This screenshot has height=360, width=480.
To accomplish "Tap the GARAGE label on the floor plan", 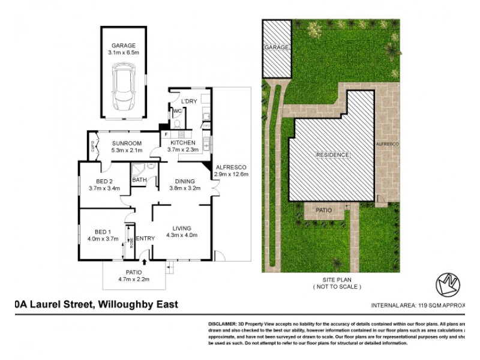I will pos(123,45).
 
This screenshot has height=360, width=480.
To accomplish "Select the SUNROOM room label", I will pos(126,143).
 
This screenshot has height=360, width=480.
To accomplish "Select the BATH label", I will pos(139,179).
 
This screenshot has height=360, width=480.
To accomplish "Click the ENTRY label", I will pos(145,239).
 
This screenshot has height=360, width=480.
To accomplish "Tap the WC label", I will pos(177,111).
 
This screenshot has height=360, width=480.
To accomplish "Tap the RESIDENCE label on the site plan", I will pos(332,155).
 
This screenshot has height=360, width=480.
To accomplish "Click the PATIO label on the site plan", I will pos(324,211).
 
